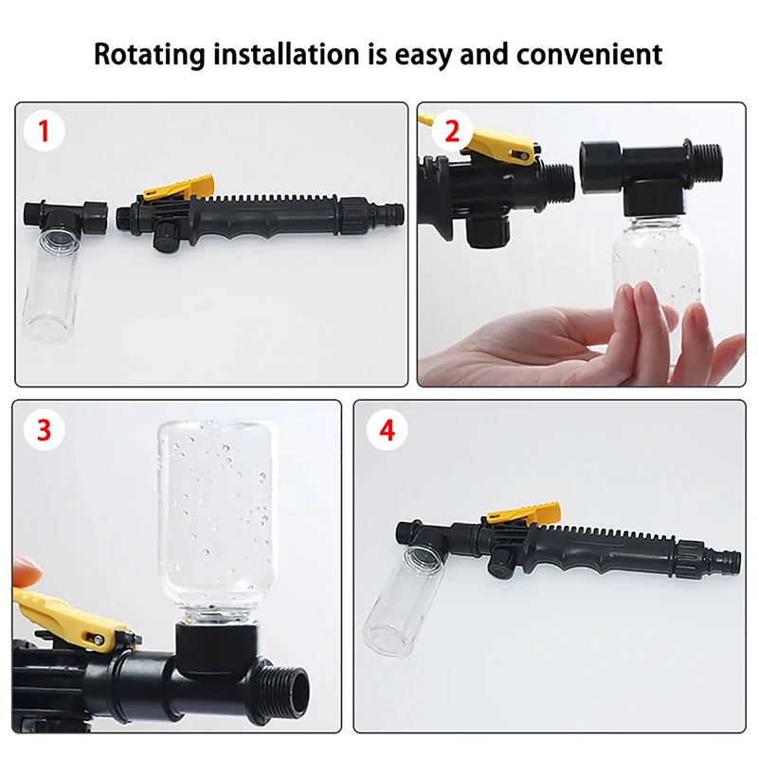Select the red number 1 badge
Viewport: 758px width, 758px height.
point(42,132)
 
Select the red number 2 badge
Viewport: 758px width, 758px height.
point(451,132)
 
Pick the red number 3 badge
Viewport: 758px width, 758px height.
point(42,431)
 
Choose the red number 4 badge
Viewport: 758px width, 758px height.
point(387,431)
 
